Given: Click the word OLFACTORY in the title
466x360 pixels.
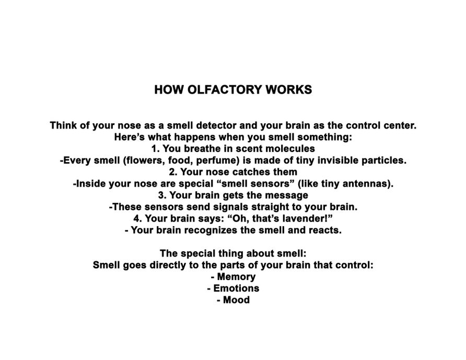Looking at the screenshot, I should pyautogui.click(x=219, y=90).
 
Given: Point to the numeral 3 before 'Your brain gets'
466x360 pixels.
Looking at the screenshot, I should pyautogui.click(x=161, y=195).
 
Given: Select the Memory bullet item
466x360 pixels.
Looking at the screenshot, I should pyautogui.click(x=236, y=277).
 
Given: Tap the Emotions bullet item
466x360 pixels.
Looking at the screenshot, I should pyautogui.click(x=236, y=288).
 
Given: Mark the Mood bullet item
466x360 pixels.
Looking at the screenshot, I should pyautogui.click(x=236, y=300).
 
